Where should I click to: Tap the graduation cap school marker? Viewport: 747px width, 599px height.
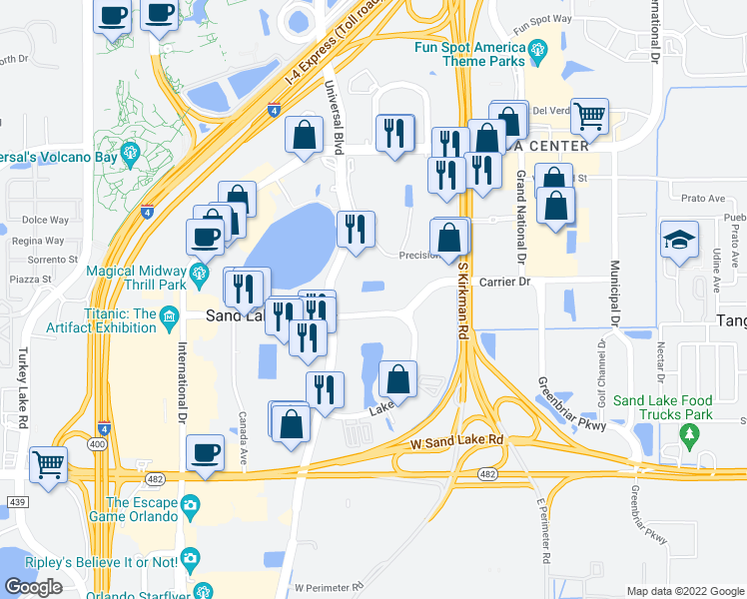pos(679,241)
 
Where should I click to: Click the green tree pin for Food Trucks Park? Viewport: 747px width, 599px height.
pos(688,434)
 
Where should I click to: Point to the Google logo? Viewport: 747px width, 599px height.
pos(33,587)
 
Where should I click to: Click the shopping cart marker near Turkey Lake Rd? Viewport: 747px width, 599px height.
pos(48,464)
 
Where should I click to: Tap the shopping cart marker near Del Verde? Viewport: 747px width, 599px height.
pos(590,117)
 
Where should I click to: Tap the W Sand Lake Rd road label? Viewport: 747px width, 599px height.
pos(454,440)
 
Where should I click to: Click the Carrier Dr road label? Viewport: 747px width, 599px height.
pos(503,283)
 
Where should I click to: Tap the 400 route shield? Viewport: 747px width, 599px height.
pos(98,442)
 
